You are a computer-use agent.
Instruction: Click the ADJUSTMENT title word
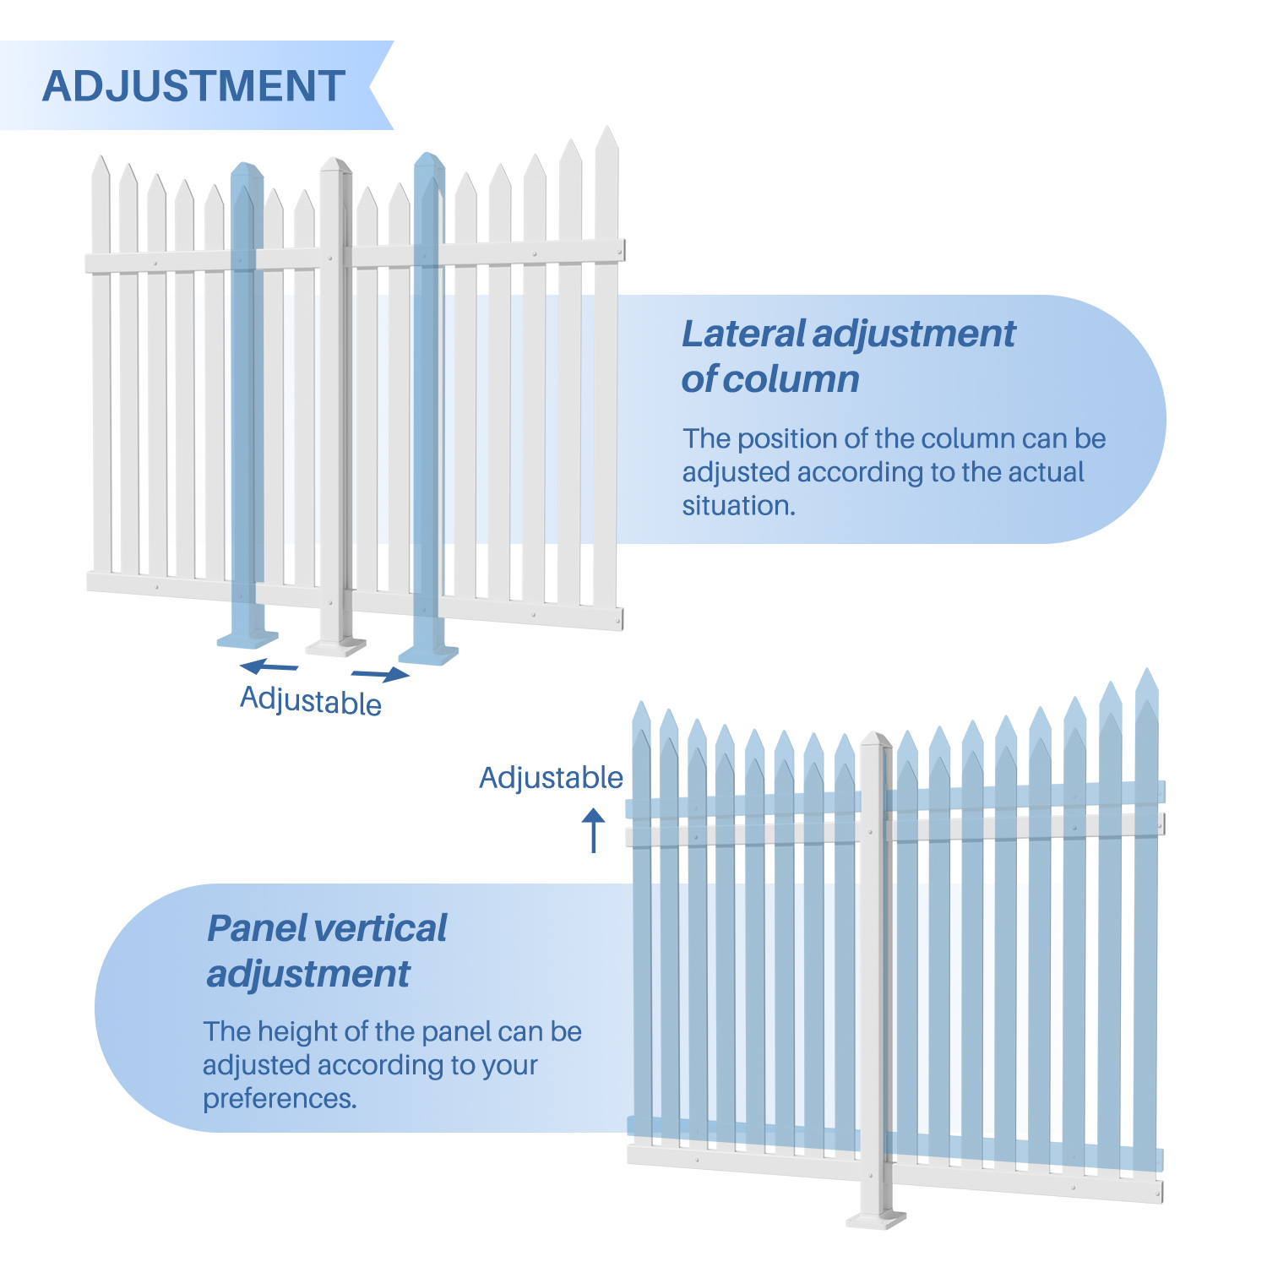193,86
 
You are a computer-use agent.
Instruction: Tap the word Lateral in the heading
742,334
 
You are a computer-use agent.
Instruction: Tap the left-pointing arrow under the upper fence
269,666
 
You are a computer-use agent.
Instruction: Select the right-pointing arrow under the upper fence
381,673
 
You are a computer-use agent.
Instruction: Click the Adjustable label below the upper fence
311,701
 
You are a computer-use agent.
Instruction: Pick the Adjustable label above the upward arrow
551,777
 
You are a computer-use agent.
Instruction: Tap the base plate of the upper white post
336,648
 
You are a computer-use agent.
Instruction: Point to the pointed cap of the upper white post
335,165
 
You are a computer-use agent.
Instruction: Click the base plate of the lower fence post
876,1219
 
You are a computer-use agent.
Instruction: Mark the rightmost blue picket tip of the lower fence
1146,680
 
